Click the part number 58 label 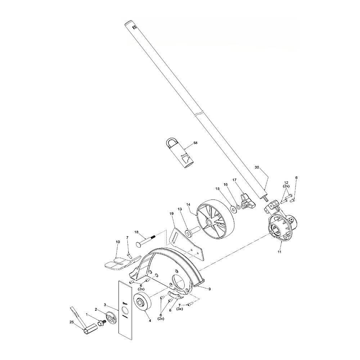coord(195,143)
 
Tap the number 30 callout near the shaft coord(257,167)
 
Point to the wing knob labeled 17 coord(247,201)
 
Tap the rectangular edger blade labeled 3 coord(125,310)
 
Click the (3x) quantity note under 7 coord(180,309)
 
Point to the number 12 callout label coord(286,183)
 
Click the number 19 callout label coord(171,213)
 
